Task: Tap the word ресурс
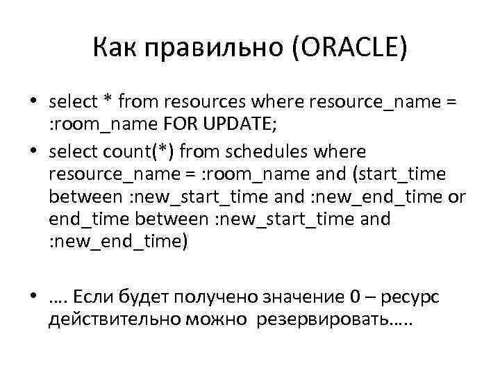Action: coord(410,298)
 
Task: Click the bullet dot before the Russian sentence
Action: coord(33,297)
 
